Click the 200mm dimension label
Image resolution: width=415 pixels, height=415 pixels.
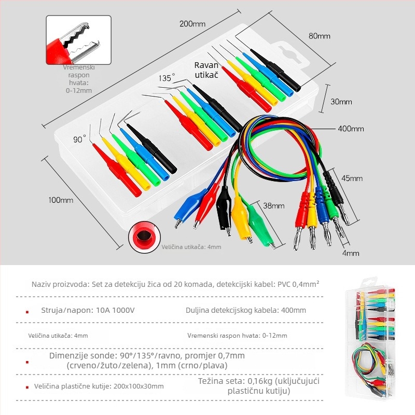(192, 24)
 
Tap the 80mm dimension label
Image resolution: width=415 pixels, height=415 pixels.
(320, 36)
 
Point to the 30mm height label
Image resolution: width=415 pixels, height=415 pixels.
(341, 102)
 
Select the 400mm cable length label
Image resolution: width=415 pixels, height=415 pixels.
(351, 129)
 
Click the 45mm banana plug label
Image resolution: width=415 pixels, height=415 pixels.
(352, 178)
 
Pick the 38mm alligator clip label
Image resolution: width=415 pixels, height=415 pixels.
(274, 205)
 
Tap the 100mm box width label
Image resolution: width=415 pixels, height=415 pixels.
(61, 200)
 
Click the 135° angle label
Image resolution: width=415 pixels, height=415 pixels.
(167, 78)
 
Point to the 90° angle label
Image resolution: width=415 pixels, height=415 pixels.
(79, 139)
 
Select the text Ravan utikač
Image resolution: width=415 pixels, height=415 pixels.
(206, 70)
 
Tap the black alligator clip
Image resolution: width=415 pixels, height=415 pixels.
(224, 211)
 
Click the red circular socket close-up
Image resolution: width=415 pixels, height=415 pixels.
(144, 237)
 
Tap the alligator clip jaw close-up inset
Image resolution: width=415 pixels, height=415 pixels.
(79, 40)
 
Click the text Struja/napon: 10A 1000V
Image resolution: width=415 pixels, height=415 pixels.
(88, 310)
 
